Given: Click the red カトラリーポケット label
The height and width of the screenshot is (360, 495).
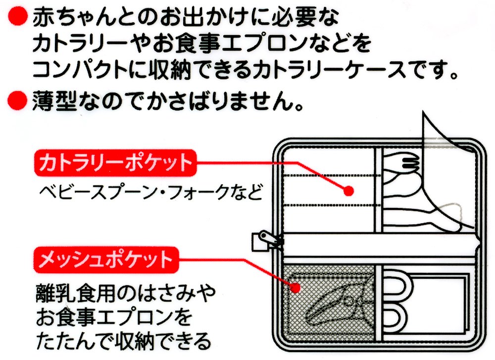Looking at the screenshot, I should (x=113, y=163).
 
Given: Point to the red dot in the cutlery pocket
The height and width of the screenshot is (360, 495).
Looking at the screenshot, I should (x=348, y=191).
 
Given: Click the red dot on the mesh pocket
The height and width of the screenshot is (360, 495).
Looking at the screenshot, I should (x=297, y=287).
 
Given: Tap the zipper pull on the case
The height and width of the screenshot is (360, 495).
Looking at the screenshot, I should (x=260, y=241).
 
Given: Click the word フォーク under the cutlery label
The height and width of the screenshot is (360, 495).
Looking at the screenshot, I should (x=198, y=191).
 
